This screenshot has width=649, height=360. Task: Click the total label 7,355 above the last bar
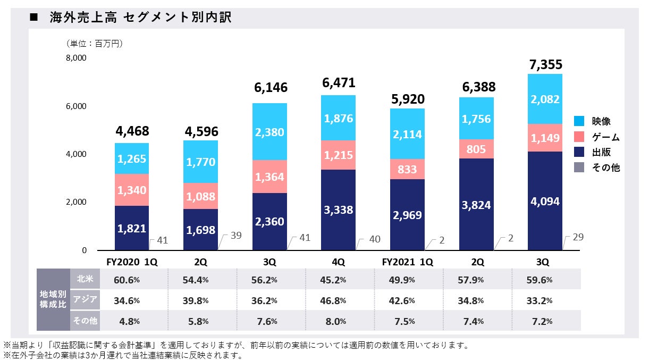pyautogui.click(x=545, y=65)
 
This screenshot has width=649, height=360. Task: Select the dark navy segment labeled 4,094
pyautogui.click(x=545, y=202)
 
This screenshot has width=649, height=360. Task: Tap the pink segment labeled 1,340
pyautogui.click(x=132, y=190)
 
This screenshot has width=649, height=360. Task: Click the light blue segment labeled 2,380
pyautogui.click(x=269, y=131)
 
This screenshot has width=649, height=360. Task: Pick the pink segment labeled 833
pyautogui.click(x=407, y=169)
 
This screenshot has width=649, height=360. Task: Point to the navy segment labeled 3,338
pyautogui.click(x=339, y=210)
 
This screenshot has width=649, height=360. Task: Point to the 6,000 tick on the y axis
pyautogui.click(x=77, y=106)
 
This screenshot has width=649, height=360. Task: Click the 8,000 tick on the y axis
pyautogui.click(x=77, y=58)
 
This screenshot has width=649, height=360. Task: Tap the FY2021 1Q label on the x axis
pyautogui.click(x=407, y=262)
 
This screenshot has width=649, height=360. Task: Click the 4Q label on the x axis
pyautogui.click(x=339, y=262)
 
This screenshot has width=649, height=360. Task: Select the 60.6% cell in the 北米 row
pyautogui.click(x=127, y=280)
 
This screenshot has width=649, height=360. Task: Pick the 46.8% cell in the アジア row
pyautogui.click(x=333, y=300)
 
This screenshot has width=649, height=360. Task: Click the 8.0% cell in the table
pyautogui.click(x=333, y=321)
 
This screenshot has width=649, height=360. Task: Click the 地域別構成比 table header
pyautogui.click(x=53, y=300)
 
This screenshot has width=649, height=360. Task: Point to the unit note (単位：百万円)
pyautogui.click(x=95, y=43)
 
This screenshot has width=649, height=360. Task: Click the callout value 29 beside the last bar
pyautogui.click(x=578, y=237)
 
